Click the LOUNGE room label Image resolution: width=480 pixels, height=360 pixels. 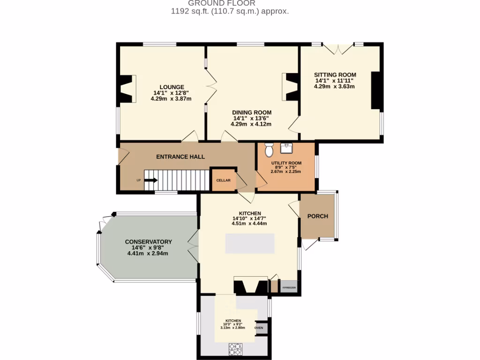[172, 87]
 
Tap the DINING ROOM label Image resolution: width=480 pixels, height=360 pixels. [252, 112]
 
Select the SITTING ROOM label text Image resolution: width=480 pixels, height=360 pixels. [335, 75]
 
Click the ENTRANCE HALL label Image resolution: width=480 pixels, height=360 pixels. [180, 157]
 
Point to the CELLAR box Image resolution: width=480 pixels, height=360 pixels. [223, 180]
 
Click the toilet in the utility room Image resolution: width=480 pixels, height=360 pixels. [269, 150]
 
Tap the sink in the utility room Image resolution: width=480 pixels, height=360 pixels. [286, 149]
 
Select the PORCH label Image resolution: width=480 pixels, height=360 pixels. [317, 216]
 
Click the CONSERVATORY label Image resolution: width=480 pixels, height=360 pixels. [148, 242]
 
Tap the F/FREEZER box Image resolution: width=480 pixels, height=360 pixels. [288, 286]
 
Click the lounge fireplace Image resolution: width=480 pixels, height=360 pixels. [126, 89]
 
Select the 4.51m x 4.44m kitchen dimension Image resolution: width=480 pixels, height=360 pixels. [249, 224]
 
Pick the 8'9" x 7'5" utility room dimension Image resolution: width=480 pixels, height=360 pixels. [286, 167]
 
